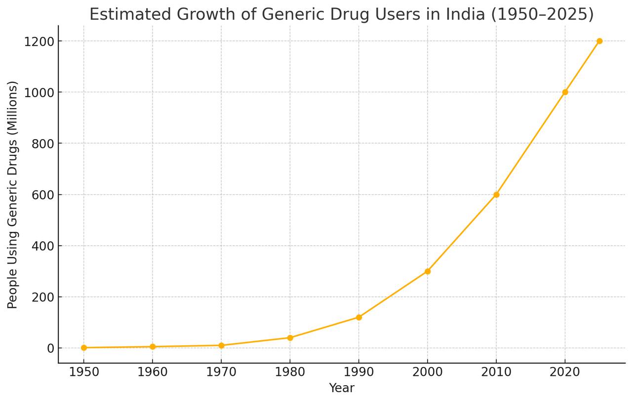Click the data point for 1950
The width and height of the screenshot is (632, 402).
tap(84, 348)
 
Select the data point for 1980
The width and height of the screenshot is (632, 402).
tap(290, 338)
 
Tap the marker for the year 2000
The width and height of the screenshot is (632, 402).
tap(428, 271)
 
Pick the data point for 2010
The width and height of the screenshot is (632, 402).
tap(496, 194)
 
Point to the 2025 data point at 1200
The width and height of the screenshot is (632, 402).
tap(599, 41)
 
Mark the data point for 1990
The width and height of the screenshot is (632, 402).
tap(359, 317)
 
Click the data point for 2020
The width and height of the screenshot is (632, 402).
tap(565, 92)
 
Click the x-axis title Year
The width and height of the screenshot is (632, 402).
tap(342, 388)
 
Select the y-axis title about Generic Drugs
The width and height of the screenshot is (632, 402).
tap(13, 195)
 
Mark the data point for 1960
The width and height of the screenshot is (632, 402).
tap(153, 347)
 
